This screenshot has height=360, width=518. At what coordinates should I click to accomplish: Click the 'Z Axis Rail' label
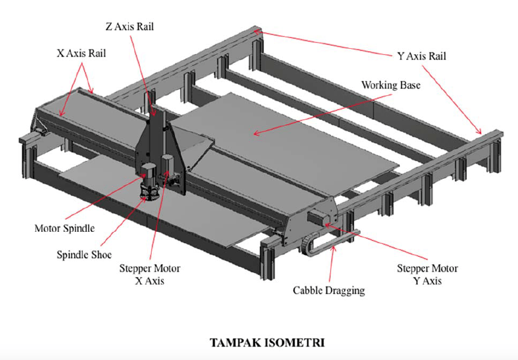tap(131, 26)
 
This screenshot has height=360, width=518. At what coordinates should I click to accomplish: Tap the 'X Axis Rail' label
tap(82, 53)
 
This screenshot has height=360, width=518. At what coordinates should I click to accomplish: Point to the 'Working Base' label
tap(390, 85)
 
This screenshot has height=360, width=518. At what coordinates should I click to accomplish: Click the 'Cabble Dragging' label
tap(329, 290)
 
